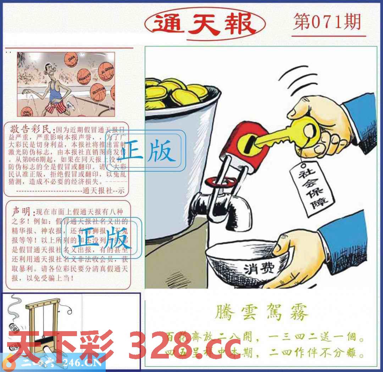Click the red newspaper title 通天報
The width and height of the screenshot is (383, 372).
pyautogui.click(x=205, y=24)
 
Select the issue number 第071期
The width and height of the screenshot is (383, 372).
pyautogui.click(x=327, y=22)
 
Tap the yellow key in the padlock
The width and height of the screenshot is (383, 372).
pyautogui.click(x=284, y=135)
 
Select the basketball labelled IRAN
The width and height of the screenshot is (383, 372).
pyautogui.click(x=71, y=59)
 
